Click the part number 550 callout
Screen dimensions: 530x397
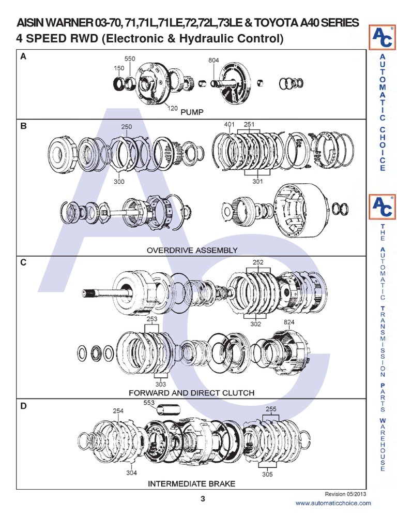[x=129, y=59]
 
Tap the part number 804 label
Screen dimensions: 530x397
[x=214, y=61]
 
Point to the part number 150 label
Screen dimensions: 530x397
[x=119, y=68]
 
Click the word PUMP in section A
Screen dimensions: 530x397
[x=192, y=111]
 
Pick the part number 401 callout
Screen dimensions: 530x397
[x=230, y=125]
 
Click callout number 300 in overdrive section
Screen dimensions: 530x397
[x=119, y=182]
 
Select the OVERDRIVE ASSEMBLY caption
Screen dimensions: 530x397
[x=192, y=250]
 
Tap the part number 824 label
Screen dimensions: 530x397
[x=289, y=322]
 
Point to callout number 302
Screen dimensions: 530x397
[x=256, y=323]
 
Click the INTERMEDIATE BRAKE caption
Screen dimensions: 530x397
[x=192, y=484]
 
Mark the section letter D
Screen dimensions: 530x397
[x=23, y=406]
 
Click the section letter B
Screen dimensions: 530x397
[x=23, y=126]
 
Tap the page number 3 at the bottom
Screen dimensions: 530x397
[x=203, y=499]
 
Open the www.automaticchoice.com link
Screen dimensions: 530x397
[x=333, y=503]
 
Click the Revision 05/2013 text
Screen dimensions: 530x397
[x=345, y=494]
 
